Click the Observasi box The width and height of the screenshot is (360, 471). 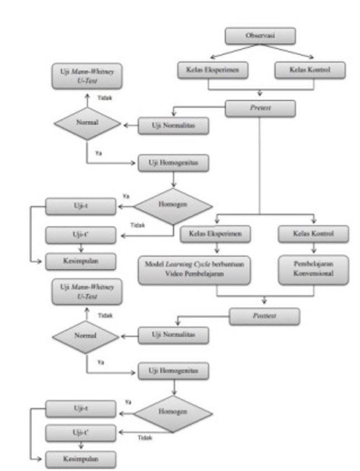point(260,36)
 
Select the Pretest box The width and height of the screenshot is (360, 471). point(260,108)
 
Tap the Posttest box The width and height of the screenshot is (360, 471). point(264,316)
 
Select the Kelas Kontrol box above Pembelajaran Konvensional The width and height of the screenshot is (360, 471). point(313,234)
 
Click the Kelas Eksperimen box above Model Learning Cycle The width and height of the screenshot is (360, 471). point(215,234)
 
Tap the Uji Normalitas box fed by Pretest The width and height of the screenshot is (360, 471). point(173,126)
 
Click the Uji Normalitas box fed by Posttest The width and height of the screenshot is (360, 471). point(173,335)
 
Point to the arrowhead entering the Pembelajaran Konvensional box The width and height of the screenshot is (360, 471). point(314,251)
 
